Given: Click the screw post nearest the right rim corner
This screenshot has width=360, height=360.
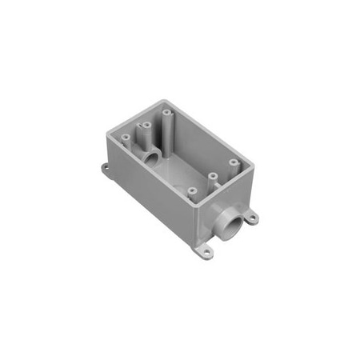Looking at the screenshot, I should (x=233, y=163).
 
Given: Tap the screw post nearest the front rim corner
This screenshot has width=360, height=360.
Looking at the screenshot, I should (x=193, y=190).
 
